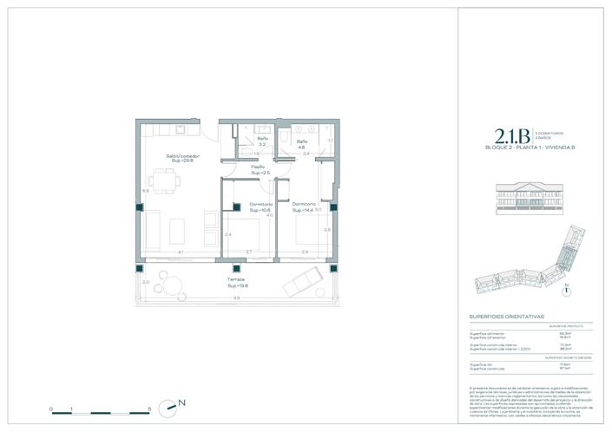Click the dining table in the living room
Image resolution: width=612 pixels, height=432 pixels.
pos(174,183)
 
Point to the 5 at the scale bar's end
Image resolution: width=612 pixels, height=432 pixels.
pos(150,408)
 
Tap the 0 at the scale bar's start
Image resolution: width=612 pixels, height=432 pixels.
pos(51,408)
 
